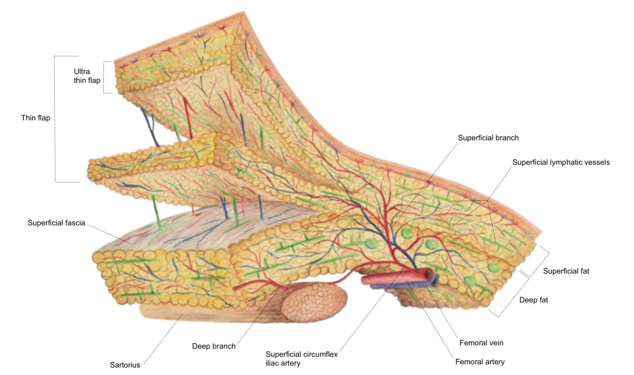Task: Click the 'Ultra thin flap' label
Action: coord(87,76)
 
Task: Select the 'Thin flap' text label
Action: coord(36,118)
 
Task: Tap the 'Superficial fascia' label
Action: coord(56,223)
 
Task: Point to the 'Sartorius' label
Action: coord(125,365)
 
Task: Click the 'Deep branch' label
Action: coord(214,346)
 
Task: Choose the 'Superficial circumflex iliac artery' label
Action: coord(301,359)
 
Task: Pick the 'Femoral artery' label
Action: coord(479,362)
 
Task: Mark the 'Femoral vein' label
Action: coord(481,343)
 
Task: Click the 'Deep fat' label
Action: coord(533,300)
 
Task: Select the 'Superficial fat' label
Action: coord(566,271)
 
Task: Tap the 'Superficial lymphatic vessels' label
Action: coord(561,162)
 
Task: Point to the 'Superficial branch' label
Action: coord(488,138)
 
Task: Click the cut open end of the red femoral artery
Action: coord(429,273)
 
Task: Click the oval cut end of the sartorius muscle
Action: coord(314,302)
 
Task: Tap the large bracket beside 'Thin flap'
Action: coord(55,119)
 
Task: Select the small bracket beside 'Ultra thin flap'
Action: coord(104,77)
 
